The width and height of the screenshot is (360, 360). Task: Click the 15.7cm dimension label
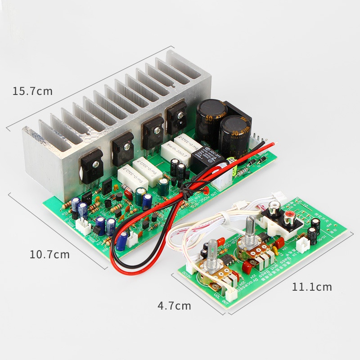pyautogui.click(x=32, y=91)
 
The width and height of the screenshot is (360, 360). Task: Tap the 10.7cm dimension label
pyautogui.click(x=49, y=254)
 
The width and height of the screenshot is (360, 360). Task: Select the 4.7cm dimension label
pyautogui.click(x=174, y=306)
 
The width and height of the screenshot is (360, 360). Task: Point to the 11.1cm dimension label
pyautogui.click(x=312, y=286)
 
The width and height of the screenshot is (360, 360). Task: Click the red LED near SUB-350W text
pyautogui.click(x=205, y=189)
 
